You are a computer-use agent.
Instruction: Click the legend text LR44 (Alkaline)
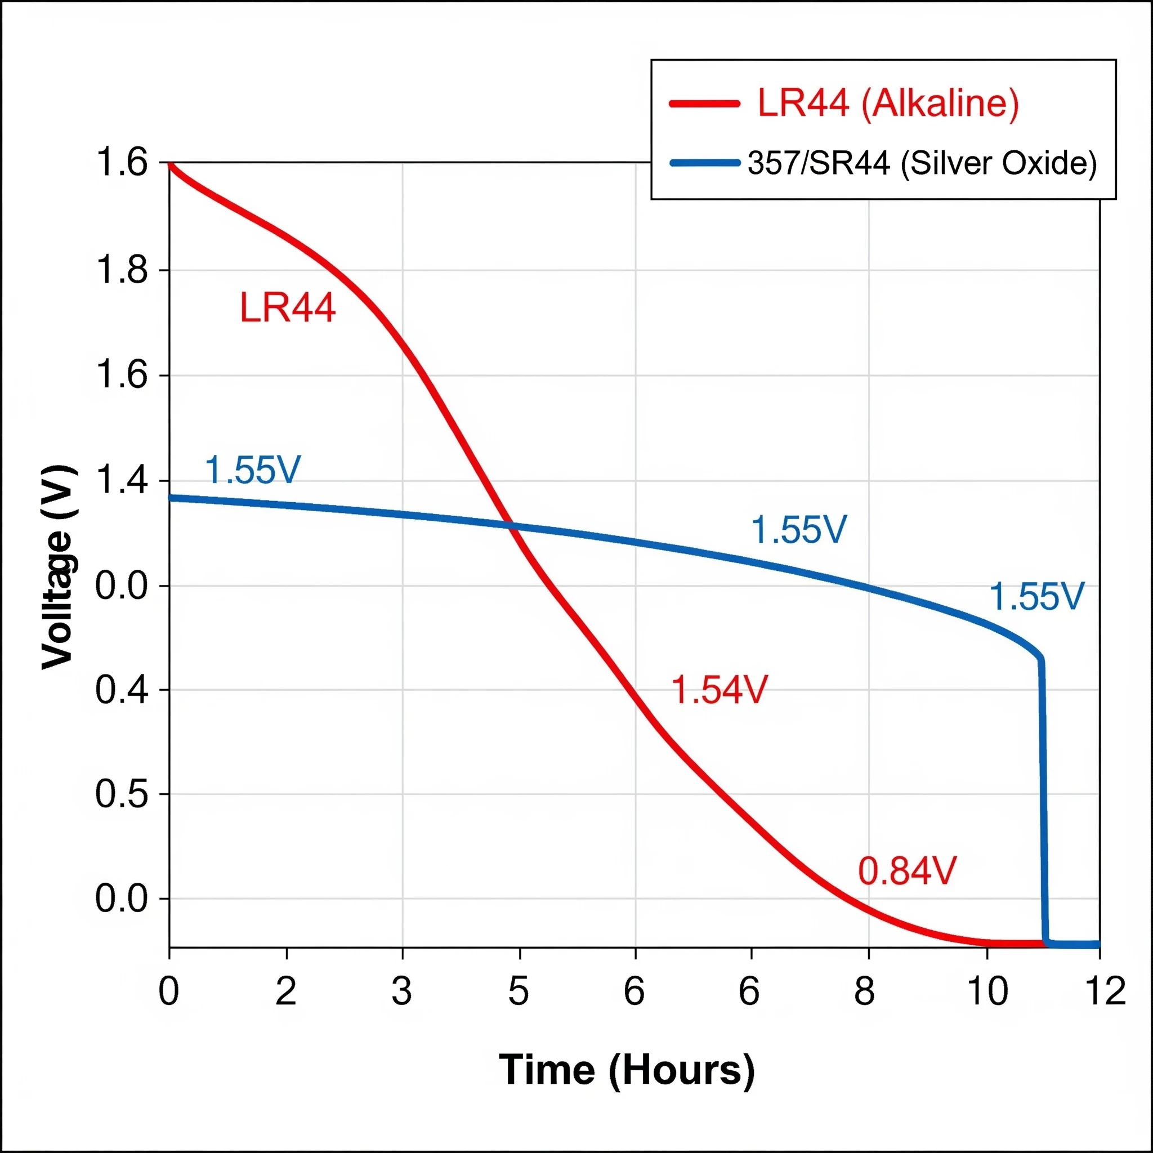point(888,102)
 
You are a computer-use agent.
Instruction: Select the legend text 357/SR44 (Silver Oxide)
point(922,163)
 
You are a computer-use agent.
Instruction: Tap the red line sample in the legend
point(705,103)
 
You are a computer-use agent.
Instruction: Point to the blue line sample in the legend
point(705,163)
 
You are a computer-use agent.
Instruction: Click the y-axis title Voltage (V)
point(58,567)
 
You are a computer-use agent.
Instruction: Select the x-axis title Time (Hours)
point(627,1070)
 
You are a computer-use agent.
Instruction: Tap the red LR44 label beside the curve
point(288,309)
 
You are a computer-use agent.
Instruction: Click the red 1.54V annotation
point(719,690)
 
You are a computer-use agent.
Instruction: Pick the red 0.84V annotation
point(907,872)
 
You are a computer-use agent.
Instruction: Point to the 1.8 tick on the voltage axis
point(122,270)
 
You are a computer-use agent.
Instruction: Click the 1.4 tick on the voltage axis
point(122,480)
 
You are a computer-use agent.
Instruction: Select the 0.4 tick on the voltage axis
point(122,690)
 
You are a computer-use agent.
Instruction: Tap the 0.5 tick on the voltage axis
point(122,794)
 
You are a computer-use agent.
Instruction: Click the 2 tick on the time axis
point(287,991)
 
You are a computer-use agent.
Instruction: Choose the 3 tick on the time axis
point(402,991)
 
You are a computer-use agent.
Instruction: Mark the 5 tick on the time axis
point(519,991)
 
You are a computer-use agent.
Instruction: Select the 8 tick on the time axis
point(865,991)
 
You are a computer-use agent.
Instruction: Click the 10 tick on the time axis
point(987,991)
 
